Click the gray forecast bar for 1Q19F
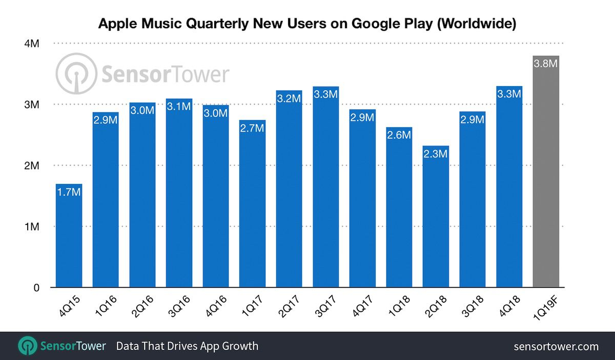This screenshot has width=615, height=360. tap(546, 172)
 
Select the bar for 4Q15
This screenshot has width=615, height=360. tap(69, 236)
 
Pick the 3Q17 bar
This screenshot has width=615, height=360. tap(325, 187)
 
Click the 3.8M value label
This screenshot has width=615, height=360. tap(546, 64)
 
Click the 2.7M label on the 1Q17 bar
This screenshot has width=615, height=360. tap(252, 128)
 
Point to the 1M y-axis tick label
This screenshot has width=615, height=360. tap(32, 226)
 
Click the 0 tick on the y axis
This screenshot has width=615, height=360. tap(36, 288)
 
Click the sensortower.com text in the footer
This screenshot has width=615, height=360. tap(556, 347)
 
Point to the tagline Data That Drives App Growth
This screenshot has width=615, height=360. tap(187, 346)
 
